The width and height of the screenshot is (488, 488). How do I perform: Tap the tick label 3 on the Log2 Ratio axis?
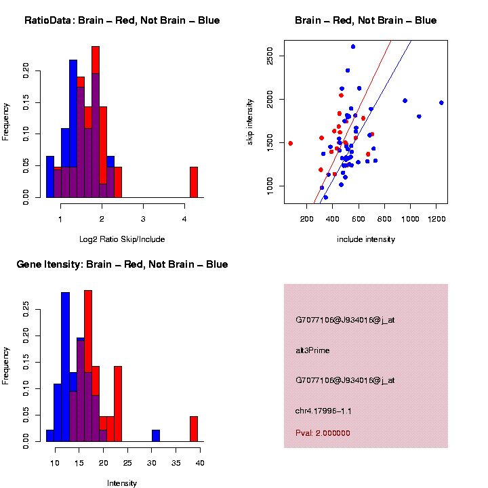click(x=143, y=220)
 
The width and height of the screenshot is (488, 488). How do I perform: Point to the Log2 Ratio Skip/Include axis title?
click(x=122, y=239)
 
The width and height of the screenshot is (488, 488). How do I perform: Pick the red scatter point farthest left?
click(x=290, y=143)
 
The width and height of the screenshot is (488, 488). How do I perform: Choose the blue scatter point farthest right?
click(x=441, y=103)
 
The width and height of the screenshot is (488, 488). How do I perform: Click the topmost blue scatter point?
click(x=353, y=47)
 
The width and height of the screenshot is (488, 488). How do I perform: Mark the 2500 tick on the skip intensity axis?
click(x=270, y=56)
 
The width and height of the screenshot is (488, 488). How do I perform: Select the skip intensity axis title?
click(x=250, y=129)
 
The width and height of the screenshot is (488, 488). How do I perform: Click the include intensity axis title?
click(x=366, y=239)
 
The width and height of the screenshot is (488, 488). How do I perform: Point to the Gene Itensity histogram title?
click(x=122, y=264)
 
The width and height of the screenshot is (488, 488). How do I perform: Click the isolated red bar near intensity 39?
click(x=193, y=428)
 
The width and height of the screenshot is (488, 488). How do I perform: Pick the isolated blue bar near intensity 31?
click(x=156, y=435)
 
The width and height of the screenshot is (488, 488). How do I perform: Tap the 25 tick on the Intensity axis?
click(x=151, y=463)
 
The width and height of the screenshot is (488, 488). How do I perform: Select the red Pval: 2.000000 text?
click(x=323, y=432)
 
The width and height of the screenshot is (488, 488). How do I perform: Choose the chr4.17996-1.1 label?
click(x=323, y=411)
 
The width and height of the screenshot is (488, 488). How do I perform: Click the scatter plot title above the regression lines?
click(x=366, y=20)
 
